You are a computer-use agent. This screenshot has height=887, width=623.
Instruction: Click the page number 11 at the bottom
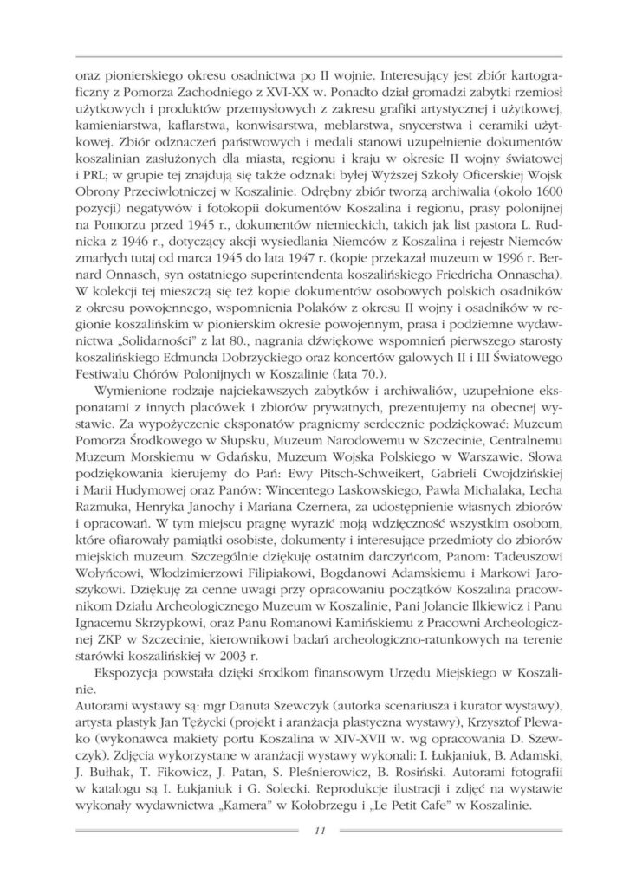[319, 832]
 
